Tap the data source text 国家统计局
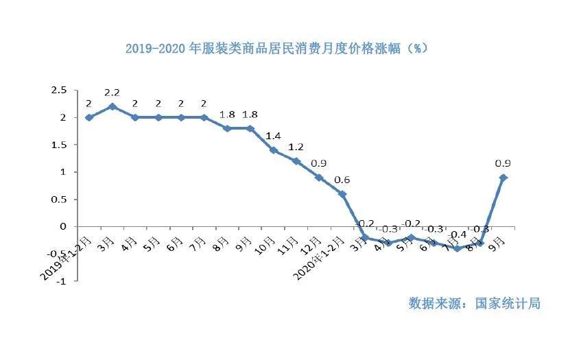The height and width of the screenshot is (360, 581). (474, 303)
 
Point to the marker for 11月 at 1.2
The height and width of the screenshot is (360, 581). (296, 161)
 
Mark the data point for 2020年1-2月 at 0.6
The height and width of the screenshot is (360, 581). (342, 194)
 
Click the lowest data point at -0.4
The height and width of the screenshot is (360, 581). (457, 248)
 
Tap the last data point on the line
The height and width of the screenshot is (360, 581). (504, 178)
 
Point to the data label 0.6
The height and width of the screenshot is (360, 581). (342, 180)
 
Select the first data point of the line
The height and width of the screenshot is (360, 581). (88, 117)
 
